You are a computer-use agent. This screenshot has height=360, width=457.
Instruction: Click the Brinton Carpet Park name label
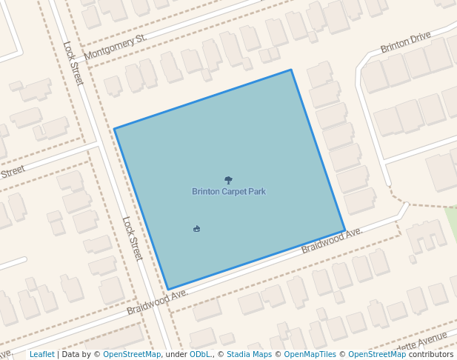point(228,191)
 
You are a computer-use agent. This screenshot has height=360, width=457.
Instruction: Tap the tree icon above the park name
point(228,180)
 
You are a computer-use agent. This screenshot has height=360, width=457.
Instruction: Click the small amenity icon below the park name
point(196,228)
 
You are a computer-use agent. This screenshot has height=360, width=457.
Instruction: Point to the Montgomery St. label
point(116,47)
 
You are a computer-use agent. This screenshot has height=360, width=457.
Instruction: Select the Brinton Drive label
point(405,42)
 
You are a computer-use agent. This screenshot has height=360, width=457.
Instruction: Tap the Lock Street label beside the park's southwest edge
point(132,238)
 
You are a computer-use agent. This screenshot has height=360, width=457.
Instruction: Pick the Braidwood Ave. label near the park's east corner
point(331,241)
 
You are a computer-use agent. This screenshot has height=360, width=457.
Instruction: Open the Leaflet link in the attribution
point(41,354)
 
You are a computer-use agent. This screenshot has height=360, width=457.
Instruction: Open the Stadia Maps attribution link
point(249,354)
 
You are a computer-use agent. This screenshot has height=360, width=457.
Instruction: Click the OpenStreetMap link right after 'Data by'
point(131,354)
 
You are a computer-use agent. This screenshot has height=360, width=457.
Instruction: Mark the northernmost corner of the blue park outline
point(291,70)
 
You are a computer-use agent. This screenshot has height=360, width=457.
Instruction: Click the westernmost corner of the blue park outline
point(114,129)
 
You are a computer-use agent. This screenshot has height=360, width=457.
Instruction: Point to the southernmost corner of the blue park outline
point(168,289)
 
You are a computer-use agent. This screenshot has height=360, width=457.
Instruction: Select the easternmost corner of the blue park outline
point(344,231)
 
